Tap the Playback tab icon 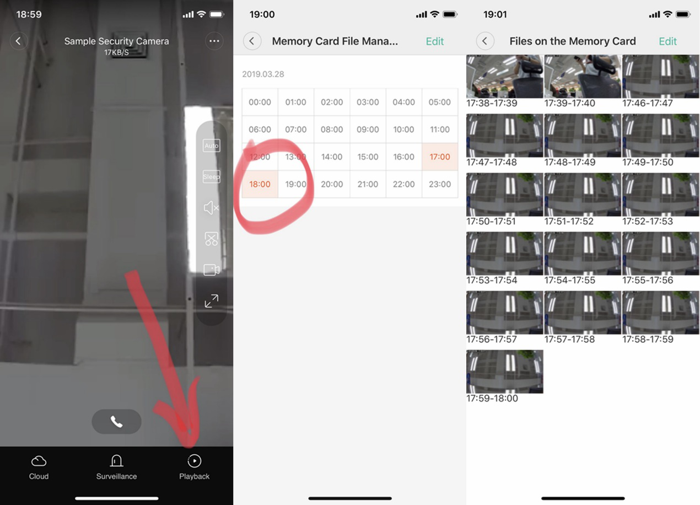tap(194, 461)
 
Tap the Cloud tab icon tap(39, 461)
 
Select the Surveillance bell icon tap(116, 461)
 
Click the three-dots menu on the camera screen tap(214, 41)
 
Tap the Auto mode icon tap(211, 146)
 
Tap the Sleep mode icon tap(211, 176)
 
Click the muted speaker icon tap(211, 207)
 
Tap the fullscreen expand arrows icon tap(211, 301)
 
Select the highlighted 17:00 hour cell tap(440, 157)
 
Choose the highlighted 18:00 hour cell tap(260, 184)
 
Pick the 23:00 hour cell tap(440, 184)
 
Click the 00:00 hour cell tap(260, 102)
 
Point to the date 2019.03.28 tap(263, 74)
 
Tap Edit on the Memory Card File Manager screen tap(435, 41)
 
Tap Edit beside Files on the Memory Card tap(668, 41)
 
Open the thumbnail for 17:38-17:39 tap(505, 77)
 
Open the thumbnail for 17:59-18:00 tap(505, 372)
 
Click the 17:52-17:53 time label tap(648, 221)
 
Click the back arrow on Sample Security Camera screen tap(18, 41)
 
